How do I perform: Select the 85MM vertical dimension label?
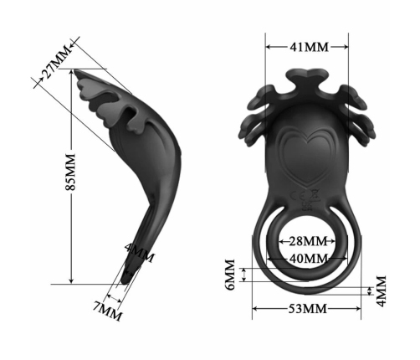coord(70,171)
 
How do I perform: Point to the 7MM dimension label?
coord(108,311)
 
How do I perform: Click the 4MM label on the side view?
coord(138,252)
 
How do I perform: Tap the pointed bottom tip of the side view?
coord(126,280)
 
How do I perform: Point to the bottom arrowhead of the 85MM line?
coord(72,280)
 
